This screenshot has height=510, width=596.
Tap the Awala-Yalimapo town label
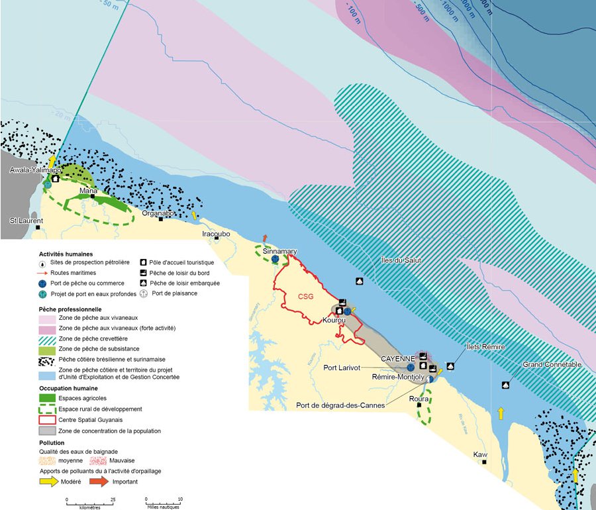click(35, 170)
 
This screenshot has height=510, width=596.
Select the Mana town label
click(88, 191)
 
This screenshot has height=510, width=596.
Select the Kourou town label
click(335, 321)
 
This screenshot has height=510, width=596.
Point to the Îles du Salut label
click(401, 260)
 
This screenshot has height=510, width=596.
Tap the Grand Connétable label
click(552, 365)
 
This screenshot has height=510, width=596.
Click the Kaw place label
click(480, 455)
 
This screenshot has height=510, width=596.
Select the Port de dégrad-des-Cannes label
click(340, 405)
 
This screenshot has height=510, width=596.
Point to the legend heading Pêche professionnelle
click(70, 309)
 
